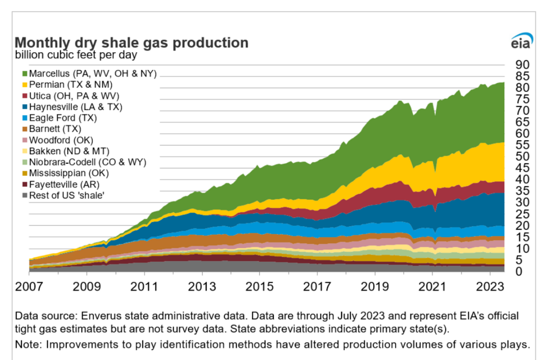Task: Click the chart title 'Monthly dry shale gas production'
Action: tap(131, 43)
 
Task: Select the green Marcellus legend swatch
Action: tap(25, 74)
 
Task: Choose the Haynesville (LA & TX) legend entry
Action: tap(76, 106)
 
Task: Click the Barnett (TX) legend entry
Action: tap(54, 128)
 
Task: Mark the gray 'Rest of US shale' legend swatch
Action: tap(25, 195)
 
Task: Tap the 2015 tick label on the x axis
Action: tap(259, 285)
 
